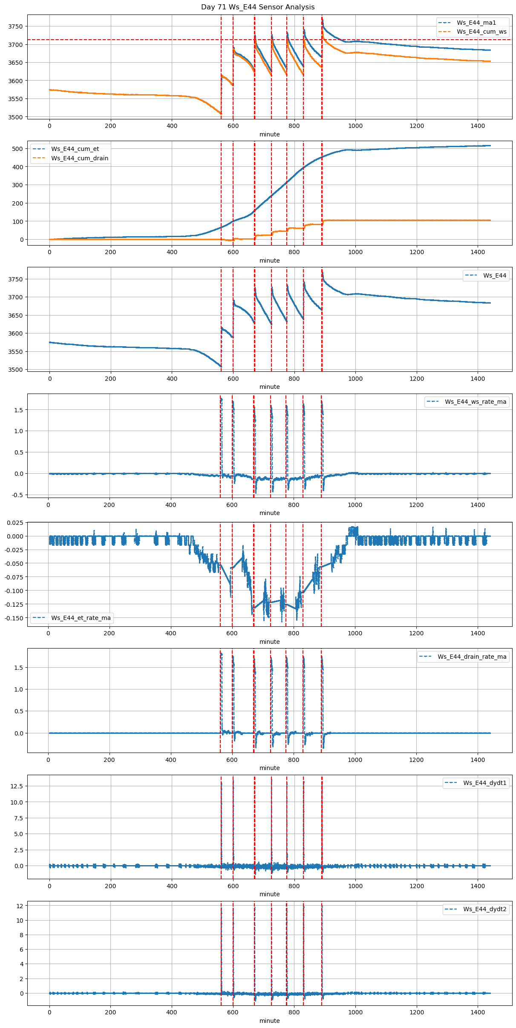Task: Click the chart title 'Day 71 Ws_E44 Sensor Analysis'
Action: pyautogui.click(x=258, y=7)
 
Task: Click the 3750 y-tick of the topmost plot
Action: pyautogui.click(x=15, y=26)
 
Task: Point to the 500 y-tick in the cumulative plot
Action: pyautogui.click(x=17, y=149)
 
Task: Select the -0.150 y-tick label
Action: pyautogui.click(x=14, y=618)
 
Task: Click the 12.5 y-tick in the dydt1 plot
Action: pyautogui.click(x=17, y=786)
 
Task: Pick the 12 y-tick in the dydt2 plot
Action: pyautogui.click(x=20, y=906)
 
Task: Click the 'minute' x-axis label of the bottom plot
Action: pyautogui.click(x=269, y=1021)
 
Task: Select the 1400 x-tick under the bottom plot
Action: pyautogui.click(x=478, y=1013)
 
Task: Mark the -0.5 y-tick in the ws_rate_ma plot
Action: pyautogui.click(x=17, y=495)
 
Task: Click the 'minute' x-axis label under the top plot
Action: pyautogui.click(x=269, y=134)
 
